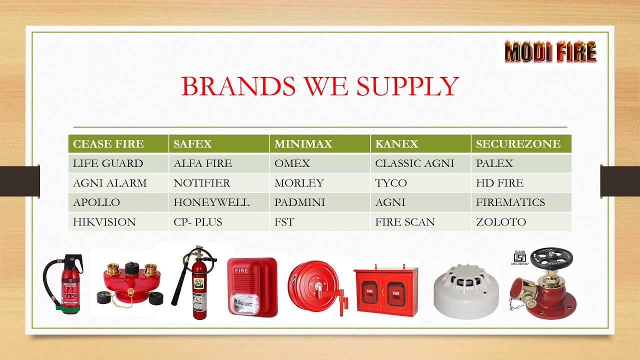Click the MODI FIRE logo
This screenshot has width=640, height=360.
(550, 52)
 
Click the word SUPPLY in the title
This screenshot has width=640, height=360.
(407, 86)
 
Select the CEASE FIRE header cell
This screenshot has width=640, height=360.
(118, 144)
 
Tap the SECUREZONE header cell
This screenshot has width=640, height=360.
(520, 144)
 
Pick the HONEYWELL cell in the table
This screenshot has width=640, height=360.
(218, 202)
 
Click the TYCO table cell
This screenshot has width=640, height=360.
(420, 183)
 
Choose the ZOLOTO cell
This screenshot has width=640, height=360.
(520, 222)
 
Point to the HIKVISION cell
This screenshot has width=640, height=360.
(118, 222)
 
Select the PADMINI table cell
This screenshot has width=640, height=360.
(319, 202)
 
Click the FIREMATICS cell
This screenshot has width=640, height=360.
(520, 202)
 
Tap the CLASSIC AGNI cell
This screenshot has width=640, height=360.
(420, 163)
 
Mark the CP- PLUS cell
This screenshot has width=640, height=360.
(218, 222)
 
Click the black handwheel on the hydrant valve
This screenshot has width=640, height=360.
(551, 257)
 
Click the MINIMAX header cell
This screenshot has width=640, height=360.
(319, 144)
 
